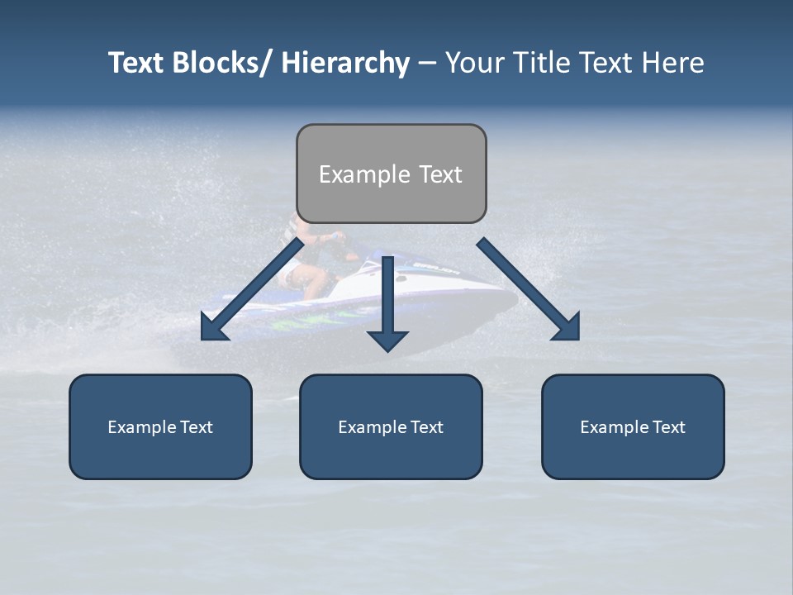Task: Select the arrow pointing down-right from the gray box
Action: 525,286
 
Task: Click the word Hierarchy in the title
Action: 344,63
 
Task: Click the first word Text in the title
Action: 138,63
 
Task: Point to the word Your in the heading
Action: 472,63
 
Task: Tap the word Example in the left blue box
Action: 142,427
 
